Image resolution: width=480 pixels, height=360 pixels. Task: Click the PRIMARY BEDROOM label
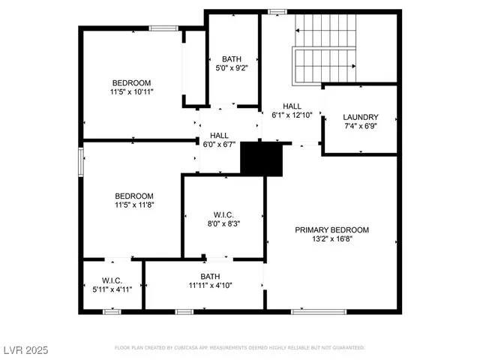pos(331,229)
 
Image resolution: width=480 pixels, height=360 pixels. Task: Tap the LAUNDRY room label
pos(360,117)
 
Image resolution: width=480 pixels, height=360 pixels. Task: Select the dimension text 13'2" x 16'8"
pos(331,239)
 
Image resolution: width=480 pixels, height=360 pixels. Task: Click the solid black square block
pos(261,158)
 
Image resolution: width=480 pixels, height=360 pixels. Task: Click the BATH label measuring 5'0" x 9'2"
pos(232,58)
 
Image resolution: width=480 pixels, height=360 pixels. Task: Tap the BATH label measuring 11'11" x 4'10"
pos(205,276)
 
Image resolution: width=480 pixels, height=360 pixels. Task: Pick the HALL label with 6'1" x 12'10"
pos(292,106)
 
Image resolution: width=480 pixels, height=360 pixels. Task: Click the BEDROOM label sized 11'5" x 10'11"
pos(132,82)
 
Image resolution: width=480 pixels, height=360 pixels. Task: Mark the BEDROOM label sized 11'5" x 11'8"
pos(134,196)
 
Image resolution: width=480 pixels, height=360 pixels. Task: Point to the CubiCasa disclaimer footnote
pos(239,348)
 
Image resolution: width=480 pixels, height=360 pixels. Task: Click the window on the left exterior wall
pos(80,162)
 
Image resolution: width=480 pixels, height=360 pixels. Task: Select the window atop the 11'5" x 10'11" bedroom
pos(163,28)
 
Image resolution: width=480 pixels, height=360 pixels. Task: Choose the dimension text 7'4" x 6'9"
pos(360,127)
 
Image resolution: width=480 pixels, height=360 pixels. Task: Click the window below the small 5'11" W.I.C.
pos(112,311)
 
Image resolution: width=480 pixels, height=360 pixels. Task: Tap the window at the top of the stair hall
pos(277,11)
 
